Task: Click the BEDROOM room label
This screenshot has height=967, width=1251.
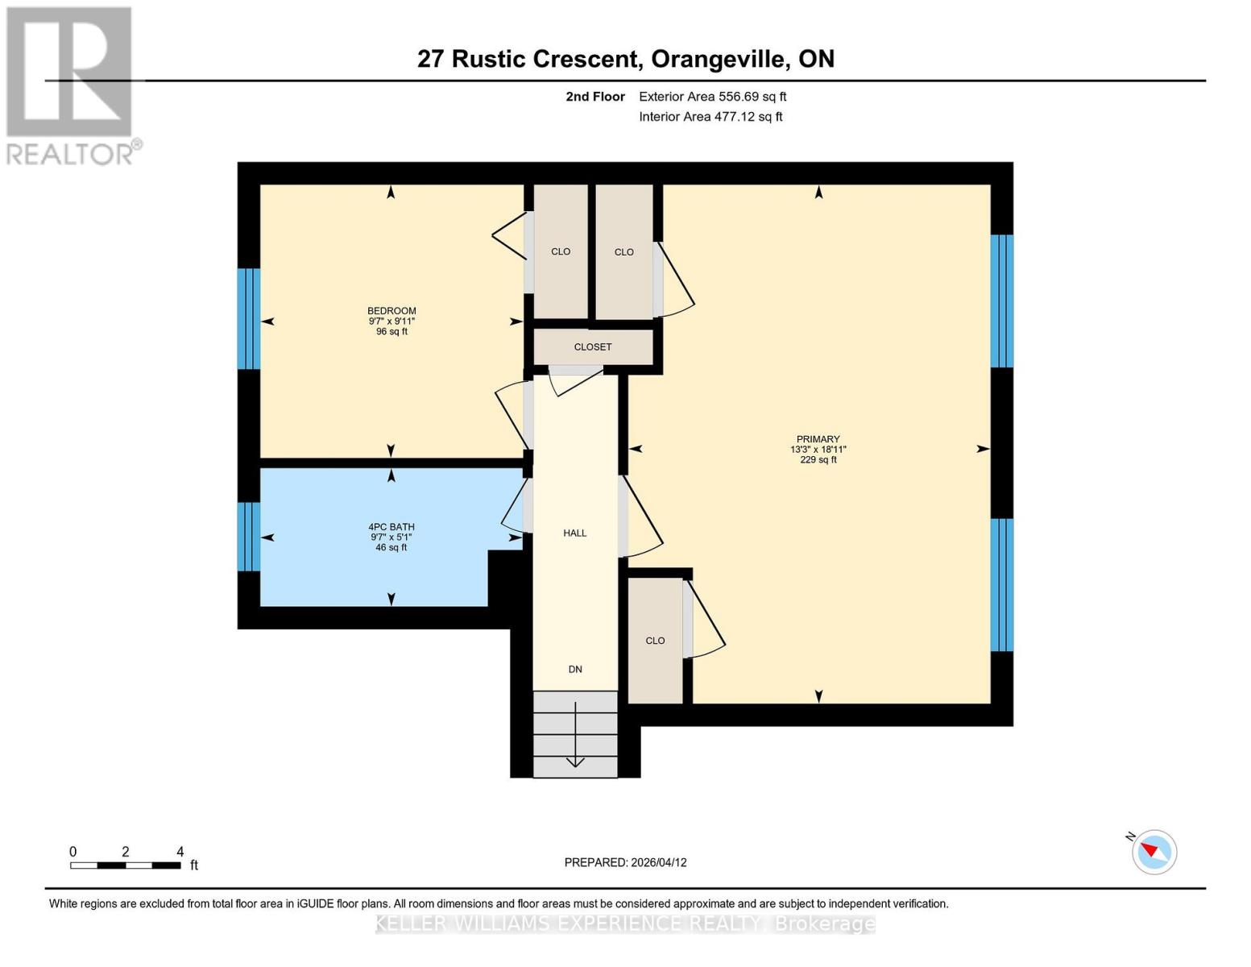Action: pos(391,311)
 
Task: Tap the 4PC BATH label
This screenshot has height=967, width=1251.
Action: pos(391,527)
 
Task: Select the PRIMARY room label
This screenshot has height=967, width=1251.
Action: pos(818,439)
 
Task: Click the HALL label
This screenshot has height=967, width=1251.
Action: pos(574,533)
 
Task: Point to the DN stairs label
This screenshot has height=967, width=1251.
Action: pos(574,669)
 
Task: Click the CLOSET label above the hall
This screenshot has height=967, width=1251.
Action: pos(593,347)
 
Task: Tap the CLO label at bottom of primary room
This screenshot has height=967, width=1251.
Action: pos(655,641)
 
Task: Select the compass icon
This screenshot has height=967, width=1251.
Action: pos(1154,851)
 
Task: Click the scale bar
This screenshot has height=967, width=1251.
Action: pos(125,865)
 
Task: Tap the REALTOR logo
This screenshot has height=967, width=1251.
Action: pos(70,85)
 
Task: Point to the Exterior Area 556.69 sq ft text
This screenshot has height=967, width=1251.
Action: pos(712,97)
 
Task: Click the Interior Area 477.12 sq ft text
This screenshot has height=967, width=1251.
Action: pos(710,117)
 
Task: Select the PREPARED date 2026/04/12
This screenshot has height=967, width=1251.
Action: pos(625,862)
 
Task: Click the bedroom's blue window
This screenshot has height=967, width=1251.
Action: pos(248,318)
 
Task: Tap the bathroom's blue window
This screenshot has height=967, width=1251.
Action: pos(248,537)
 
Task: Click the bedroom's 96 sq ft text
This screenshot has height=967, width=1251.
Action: pos(391,331)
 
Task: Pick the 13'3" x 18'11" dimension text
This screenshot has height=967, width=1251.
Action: pos(818,450)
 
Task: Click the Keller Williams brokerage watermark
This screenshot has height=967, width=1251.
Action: pos(625,923)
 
